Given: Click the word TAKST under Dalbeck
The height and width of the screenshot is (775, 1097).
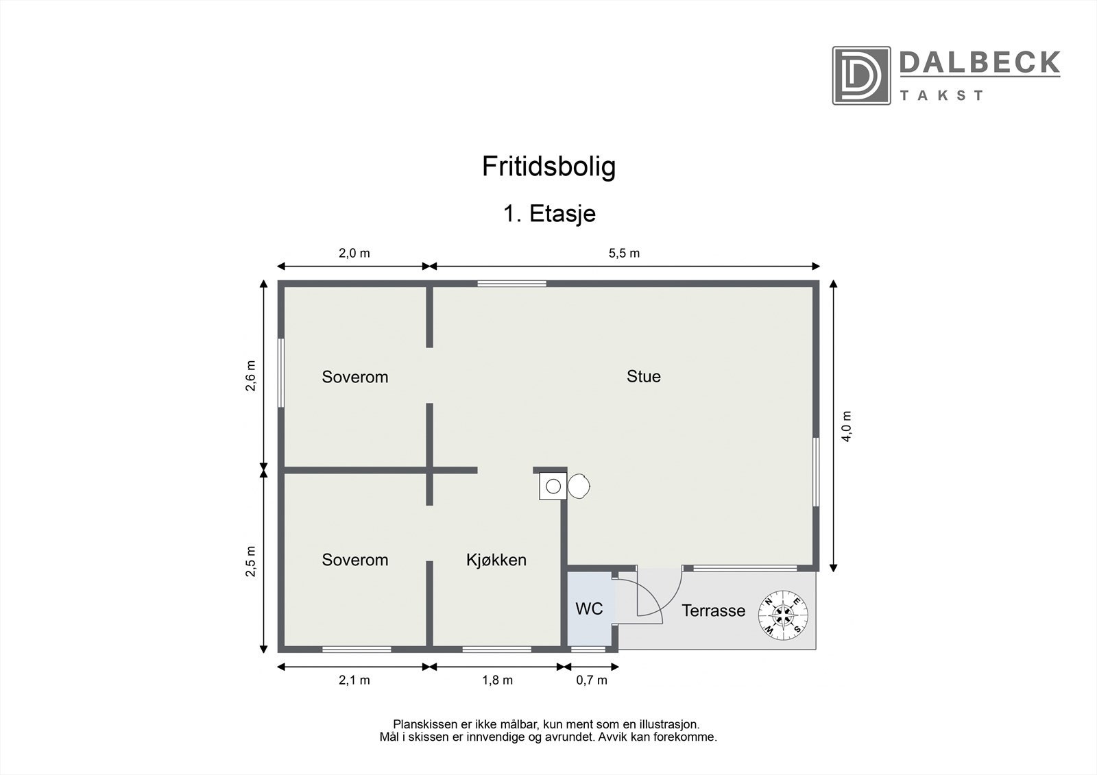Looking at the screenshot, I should coord(941,95).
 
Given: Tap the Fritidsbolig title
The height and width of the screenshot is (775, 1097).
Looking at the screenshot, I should coord(548,167).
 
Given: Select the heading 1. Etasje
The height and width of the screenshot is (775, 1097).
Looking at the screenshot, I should coord(549,214).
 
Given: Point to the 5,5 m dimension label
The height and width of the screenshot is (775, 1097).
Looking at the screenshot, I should coord(624,253).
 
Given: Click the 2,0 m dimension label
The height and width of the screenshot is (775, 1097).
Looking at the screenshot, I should coord(354,253).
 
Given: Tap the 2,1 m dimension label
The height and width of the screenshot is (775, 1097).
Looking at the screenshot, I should coord(354,680).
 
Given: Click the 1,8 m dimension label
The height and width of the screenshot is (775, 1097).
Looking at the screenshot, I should coord(497,680).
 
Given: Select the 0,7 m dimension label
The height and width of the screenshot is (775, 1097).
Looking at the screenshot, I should coord(592,680).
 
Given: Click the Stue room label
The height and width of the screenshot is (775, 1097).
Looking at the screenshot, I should coord(643,376).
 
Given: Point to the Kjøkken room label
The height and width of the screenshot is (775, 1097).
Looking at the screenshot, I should coord(496,560).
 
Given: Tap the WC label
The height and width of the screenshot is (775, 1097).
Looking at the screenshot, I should coord(589,608).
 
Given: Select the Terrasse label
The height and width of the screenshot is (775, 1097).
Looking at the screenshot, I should coord(713,611).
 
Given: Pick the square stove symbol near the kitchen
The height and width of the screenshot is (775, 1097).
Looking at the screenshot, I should coord(553,487).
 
